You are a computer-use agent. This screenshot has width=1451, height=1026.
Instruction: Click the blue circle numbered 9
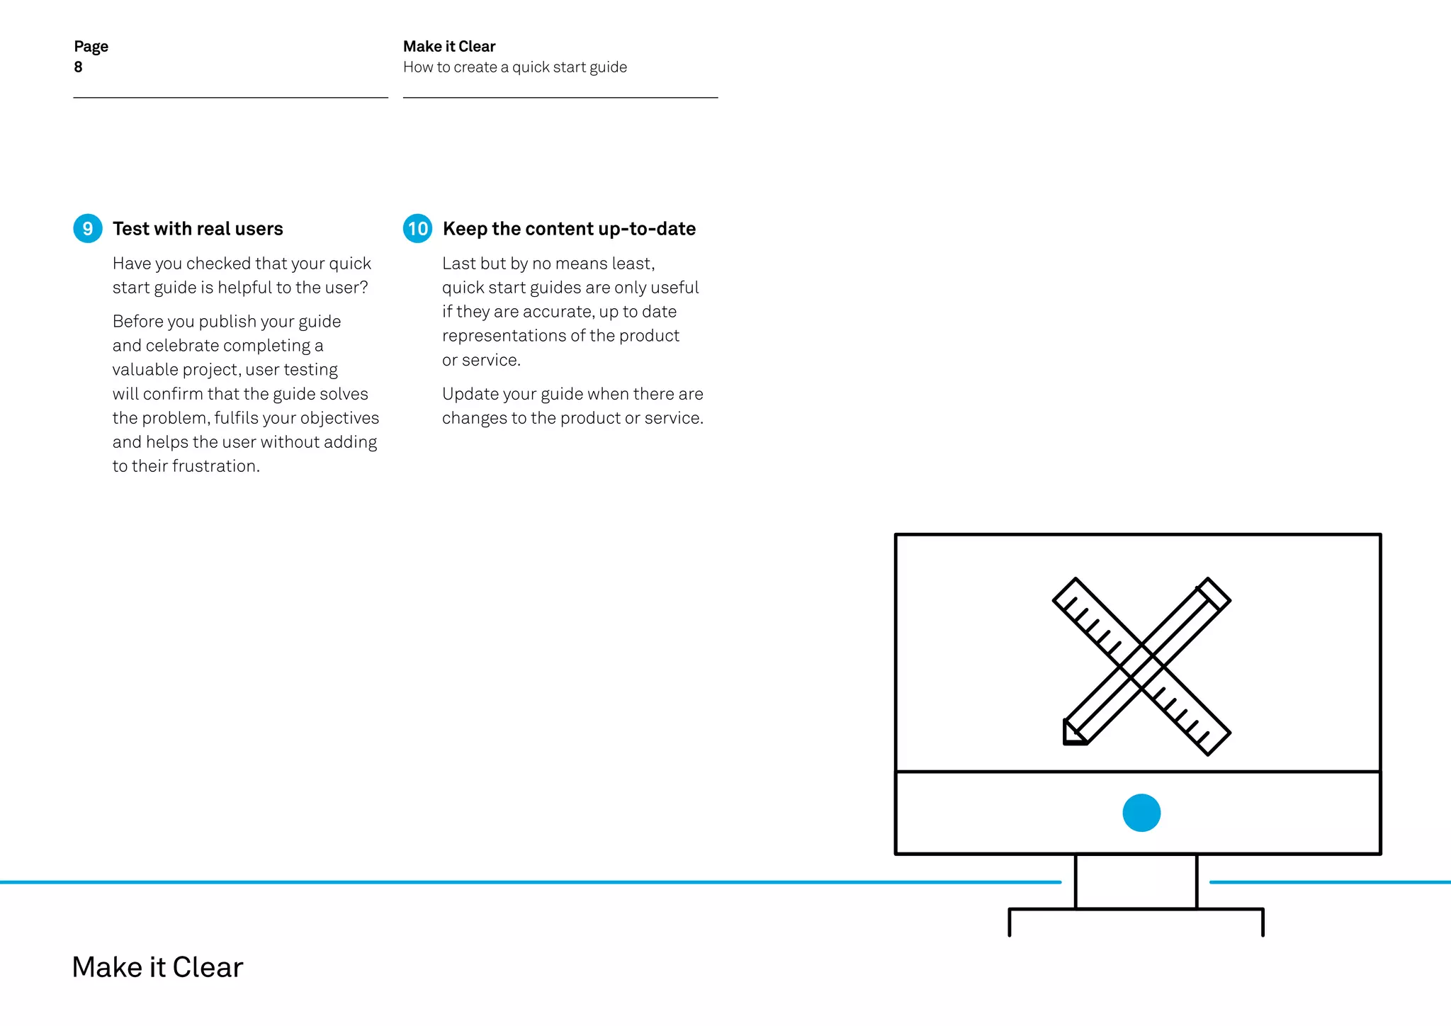88,228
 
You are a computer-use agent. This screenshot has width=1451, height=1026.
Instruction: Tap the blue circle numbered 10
417,228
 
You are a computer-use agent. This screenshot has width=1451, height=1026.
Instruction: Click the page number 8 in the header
78,67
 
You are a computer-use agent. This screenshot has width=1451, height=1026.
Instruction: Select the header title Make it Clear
449,47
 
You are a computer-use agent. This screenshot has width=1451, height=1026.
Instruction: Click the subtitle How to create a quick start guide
515,67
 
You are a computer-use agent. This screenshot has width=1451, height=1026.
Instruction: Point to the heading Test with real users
198,229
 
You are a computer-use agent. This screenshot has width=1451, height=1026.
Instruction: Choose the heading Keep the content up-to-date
569,229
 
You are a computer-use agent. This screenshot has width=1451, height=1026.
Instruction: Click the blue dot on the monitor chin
1141,813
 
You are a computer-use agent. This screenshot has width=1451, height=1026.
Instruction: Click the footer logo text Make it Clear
157,967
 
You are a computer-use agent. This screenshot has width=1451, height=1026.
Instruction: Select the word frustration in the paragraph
215,466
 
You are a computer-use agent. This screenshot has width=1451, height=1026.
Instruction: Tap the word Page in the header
91,47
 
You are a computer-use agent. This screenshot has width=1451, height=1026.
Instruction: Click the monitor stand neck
1136,881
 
